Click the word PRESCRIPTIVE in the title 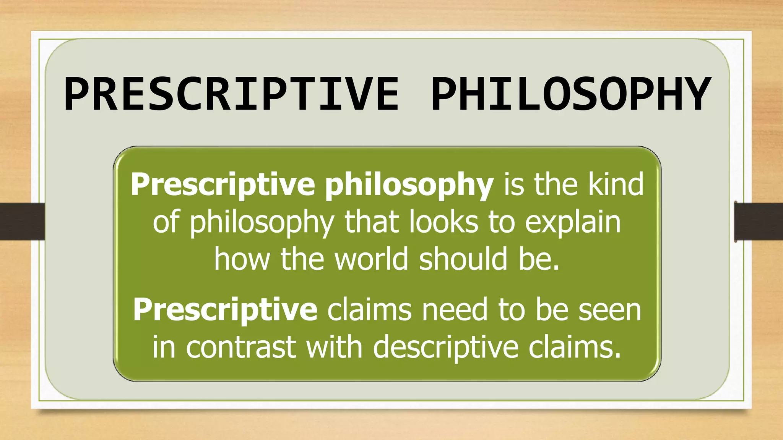[x=231, y=94]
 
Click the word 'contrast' [x=241, y=347]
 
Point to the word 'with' [x=334, y=347]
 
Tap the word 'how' [x=242, y=259]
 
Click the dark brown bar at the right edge [x=759, y=222]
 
